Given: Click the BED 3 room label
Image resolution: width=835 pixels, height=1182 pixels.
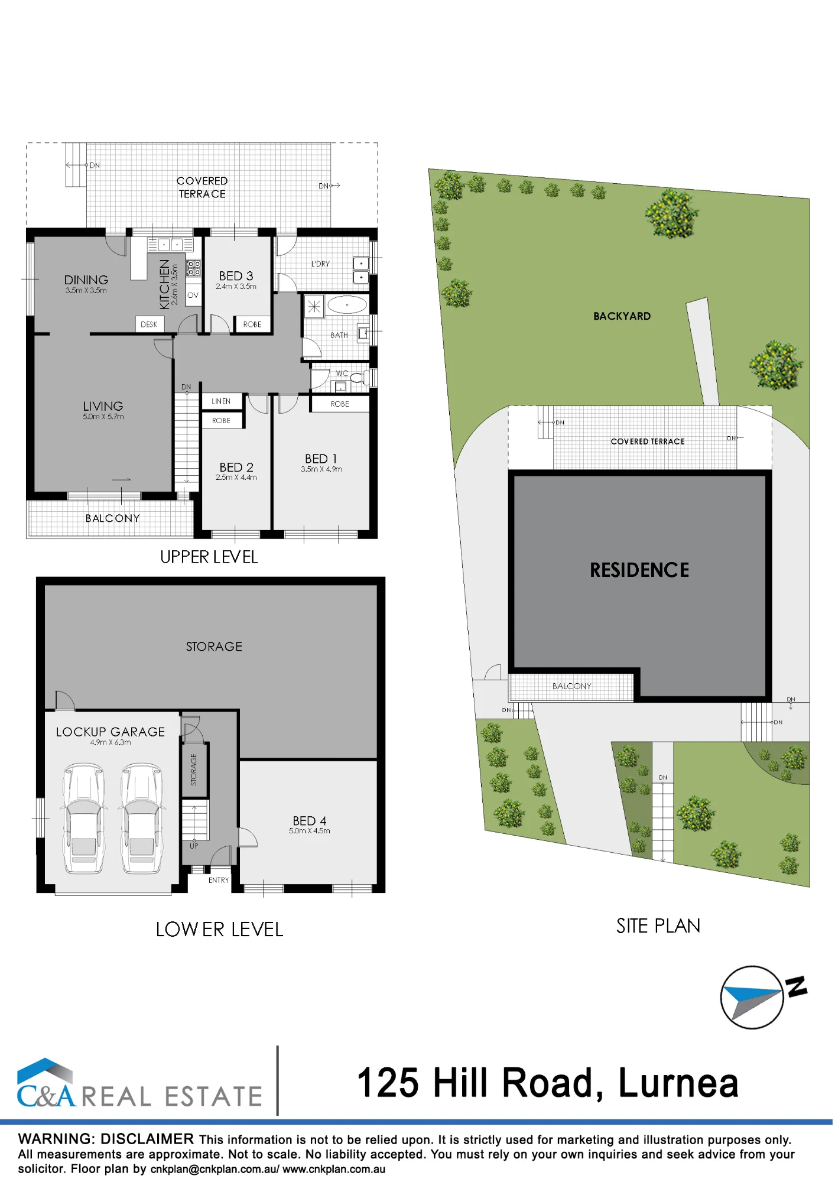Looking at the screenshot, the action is (x=236, y=276).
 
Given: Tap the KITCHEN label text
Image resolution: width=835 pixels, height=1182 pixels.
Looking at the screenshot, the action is (x=164, y=284).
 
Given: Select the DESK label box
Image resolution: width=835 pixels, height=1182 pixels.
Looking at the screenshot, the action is (x=149, y=324).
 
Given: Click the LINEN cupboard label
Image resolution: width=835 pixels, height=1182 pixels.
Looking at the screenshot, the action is (x=221, y=401).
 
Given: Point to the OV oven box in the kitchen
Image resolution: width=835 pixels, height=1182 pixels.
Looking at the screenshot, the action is (x=193, y=295).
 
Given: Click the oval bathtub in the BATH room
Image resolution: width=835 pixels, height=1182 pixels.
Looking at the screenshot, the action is (x=347, y=305).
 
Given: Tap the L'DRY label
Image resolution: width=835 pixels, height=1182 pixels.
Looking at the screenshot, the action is (x=320, y=264).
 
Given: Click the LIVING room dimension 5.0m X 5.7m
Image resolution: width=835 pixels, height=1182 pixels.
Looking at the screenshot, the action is (x=103, y=417).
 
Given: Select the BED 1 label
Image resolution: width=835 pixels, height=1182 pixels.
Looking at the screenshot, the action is (x=321, y=459).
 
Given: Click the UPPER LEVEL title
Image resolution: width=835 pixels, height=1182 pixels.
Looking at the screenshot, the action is (x=209, y=557).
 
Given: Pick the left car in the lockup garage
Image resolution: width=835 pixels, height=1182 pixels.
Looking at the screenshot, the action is (x=84, y=819).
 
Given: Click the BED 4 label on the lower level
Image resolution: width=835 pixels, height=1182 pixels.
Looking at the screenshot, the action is (x=310, y=820).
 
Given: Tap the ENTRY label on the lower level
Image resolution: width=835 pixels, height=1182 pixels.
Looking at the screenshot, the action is (x=219, y=880).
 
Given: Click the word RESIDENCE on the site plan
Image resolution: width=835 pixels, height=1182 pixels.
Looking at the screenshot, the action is (x=639, y=570).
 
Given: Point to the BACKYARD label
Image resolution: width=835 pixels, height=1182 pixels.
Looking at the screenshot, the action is (x=622, y=316).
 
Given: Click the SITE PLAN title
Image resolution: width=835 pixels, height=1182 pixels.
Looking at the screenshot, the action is (x=658, y=926).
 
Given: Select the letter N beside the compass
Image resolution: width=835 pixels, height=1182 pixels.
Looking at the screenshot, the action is (x=796, y=986).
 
